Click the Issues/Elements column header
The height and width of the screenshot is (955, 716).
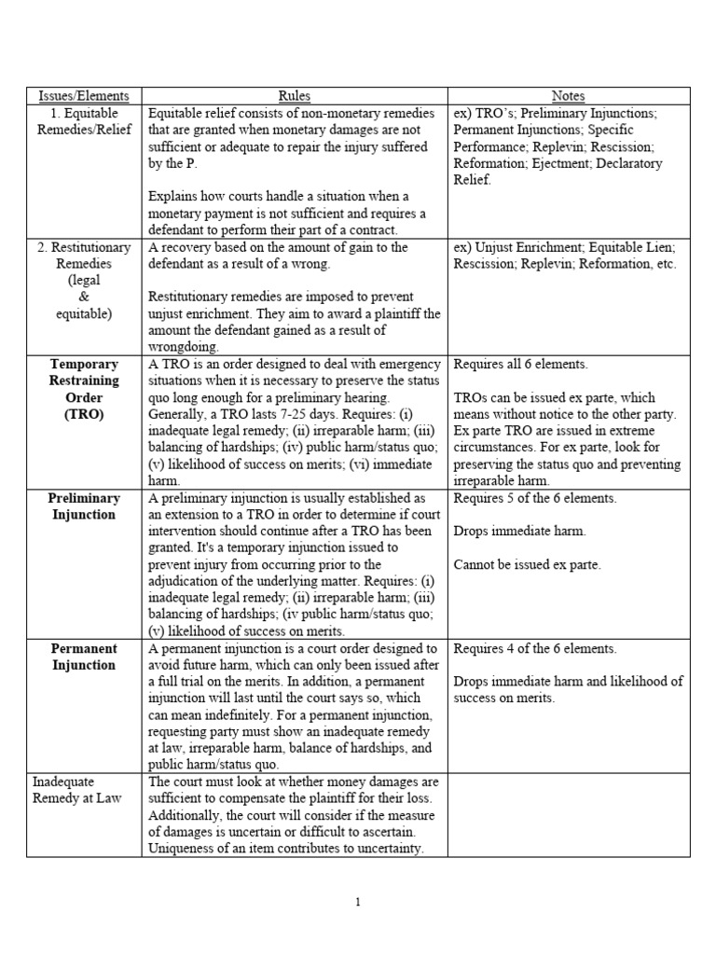[84, 96]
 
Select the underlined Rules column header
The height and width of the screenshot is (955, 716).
[295, 96]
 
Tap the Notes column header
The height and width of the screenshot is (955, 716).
[569, 96]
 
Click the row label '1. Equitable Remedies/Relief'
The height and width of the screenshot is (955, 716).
[84, 121]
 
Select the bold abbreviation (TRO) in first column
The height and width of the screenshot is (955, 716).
[84, 414]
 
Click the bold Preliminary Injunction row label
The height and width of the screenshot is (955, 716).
[84, 506]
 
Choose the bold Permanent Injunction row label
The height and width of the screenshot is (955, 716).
[84, 657]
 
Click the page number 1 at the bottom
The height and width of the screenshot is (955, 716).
[358, 902]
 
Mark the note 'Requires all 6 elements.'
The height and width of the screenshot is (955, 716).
[522, 364]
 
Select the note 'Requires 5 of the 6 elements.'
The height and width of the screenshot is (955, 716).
[534, 498]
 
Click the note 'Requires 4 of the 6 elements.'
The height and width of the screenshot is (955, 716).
[534, 648]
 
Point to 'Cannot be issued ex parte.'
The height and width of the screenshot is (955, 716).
[527, 564]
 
